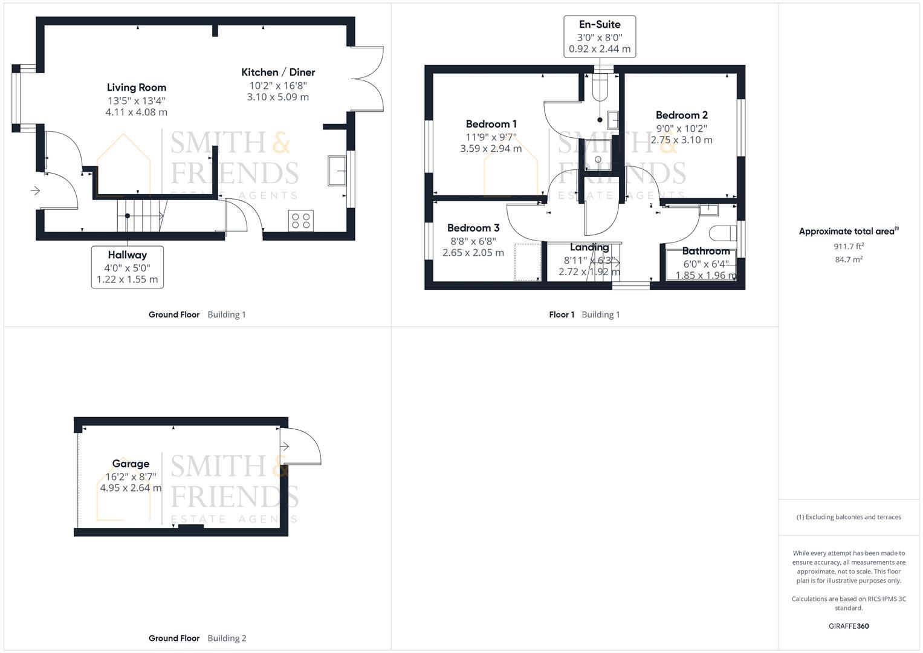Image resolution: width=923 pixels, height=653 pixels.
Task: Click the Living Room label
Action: coord(136,88)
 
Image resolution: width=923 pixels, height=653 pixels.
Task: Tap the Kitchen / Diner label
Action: coord(278,73)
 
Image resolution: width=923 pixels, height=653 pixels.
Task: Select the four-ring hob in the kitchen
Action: coord(301,220)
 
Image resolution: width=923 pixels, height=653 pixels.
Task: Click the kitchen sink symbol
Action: coord(336,170)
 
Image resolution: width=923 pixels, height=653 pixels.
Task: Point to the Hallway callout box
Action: coord(127,267)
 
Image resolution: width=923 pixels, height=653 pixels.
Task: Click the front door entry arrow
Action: coord(35,191)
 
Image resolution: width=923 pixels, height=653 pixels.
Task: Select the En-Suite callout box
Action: coord(599,37)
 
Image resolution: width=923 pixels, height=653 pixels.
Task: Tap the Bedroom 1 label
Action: coord(491,125)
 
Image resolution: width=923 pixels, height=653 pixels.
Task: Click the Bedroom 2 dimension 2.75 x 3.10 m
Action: coord(681,140)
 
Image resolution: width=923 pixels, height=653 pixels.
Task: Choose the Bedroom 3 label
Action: coord(473,228)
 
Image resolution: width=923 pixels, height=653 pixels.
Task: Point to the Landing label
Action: coord(589,247)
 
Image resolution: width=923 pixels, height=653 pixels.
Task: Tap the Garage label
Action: coord(131,464)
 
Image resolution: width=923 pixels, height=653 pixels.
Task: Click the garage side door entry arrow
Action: coord(285,446)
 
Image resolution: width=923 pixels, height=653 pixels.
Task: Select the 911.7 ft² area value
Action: coord(848,246)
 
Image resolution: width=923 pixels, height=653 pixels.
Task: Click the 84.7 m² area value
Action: coord(848,259)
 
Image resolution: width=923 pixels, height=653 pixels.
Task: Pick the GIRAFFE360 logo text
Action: coord(848,626)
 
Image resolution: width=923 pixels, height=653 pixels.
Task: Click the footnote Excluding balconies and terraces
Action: coord(848,517)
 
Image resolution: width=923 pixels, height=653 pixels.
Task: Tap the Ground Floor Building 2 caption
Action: coord(197,638)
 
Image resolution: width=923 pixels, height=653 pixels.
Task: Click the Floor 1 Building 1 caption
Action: coord(584,314)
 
